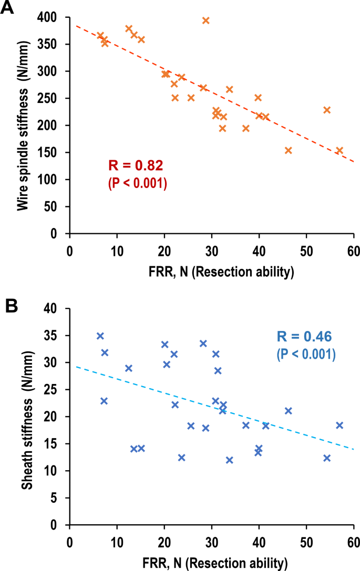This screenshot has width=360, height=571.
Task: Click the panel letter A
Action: [8, 9]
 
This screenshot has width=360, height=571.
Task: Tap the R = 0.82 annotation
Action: [136, 166]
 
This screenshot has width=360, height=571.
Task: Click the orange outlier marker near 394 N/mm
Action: [206, 20]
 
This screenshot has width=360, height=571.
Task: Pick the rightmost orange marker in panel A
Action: [340, 150]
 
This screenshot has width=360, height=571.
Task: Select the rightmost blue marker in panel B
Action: [340, 425]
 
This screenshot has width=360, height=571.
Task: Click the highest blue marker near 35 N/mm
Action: [100, 336]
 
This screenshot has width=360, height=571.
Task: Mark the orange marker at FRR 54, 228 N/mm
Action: [327, 110]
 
